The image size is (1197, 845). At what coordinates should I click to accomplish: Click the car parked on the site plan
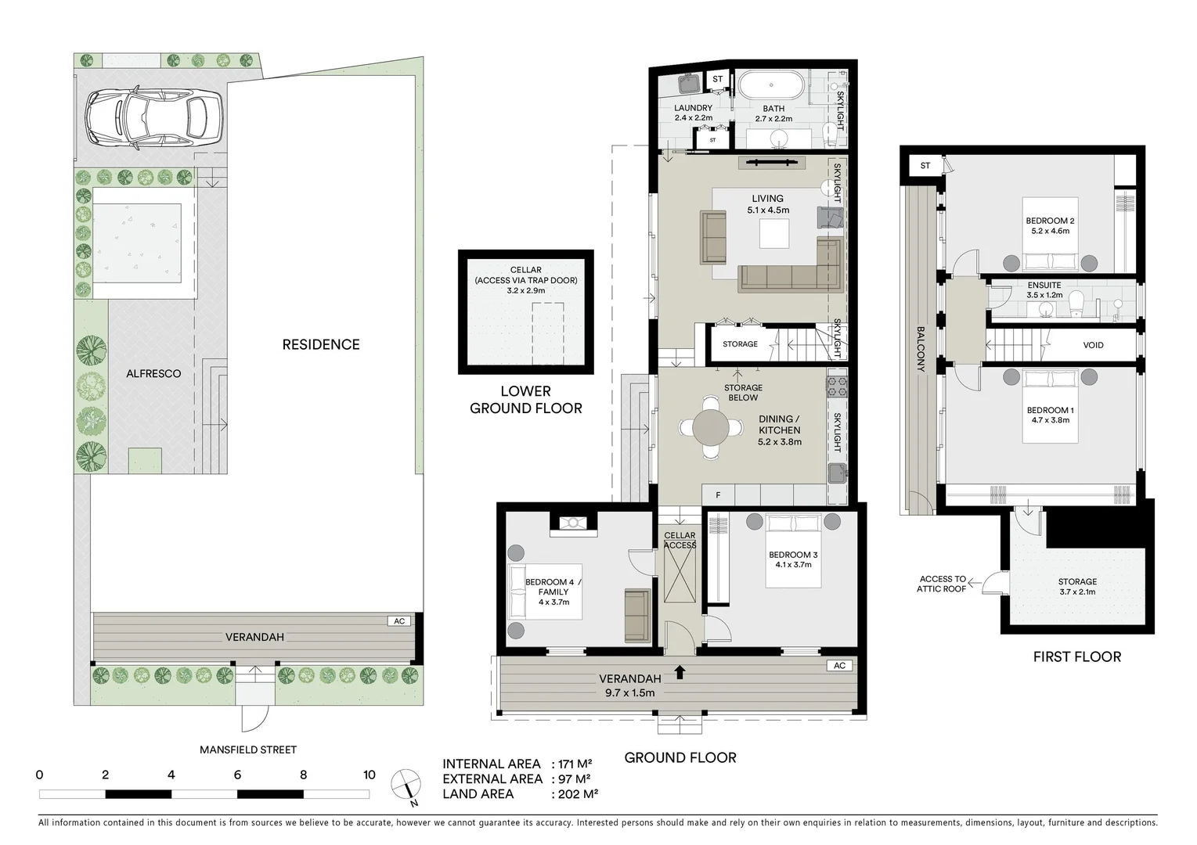pyautogui.click(x=153, y=119)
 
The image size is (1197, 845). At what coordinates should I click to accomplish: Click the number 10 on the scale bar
pyautogui.click(x=369, y=775)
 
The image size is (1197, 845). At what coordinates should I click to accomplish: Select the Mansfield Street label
pyautogui.click(x=248, y=750)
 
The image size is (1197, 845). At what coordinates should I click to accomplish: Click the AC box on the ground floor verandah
pyautogui.click(x=839, y=666)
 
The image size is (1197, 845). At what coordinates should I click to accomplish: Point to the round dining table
pyautogui.click(x=710, y=428)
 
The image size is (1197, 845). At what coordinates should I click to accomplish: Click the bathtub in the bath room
pyautogui.click(x=771, y=84)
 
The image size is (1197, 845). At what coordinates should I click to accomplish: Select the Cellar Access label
pyautogui.click(x=680, y=540)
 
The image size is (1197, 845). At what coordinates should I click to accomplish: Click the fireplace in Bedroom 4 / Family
pyautogui.click(x=573, y=523)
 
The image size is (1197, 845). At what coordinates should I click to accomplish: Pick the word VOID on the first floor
pyautogui.click(x=1093, y=345)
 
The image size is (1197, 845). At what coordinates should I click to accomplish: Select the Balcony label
pyautogui.click(x=921, y=349)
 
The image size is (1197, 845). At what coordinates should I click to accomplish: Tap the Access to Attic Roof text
pyautogui.click(x=942, y=584)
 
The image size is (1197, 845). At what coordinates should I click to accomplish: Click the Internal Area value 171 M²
pyautogui.click(x=575, y=764)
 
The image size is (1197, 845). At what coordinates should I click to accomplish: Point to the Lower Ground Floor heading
pyautogui.click(x=525, y=399)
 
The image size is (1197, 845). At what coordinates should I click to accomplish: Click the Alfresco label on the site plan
pyautogui.click(x=153, y=374)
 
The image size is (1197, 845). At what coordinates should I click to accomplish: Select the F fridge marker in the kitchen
pyautogui.click(x=718, y=495)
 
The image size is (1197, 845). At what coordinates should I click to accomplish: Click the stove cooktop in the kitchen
pyautogui.click(x=837, y=385)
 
